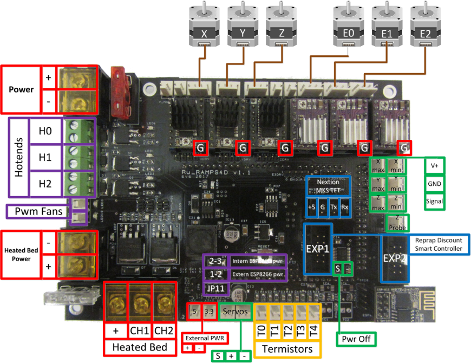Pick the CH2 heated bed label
point(163,330)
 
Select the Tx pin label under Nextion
point(334,207)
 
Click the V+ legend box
point(434,166)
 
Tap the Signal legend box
point(434,201)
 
